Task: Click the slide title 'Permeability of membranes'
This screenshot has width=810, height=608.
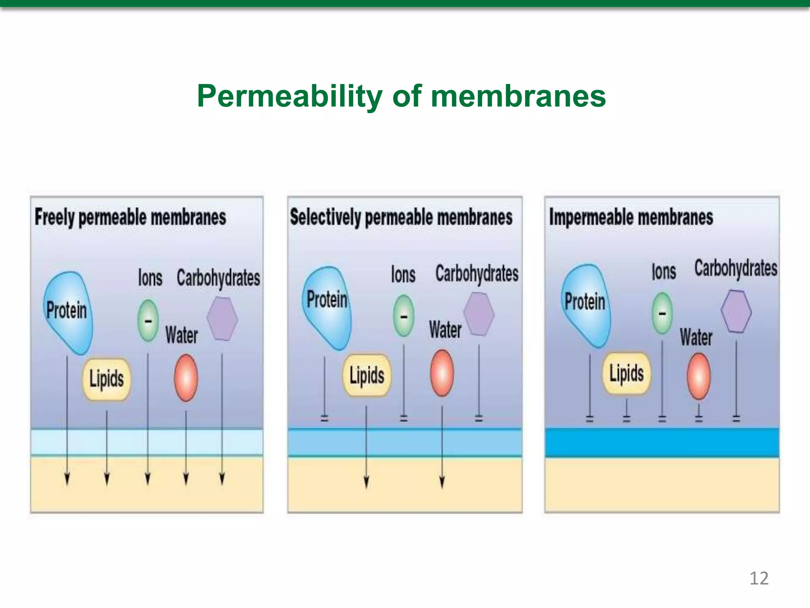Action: click(401, 96)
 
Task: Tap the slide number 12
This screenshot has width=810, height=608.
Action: click(759, 578)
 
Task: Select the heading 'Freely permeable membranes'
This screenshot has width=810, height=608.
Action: click(131, 217)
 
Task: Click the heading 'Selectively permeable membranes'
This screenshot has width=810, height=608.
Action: click(401, 217)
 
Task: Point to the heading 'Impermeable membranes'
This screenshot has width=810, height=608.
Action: click(631, 217)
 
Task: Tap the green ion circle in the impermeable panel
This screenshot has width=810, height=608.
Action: click(662, 313)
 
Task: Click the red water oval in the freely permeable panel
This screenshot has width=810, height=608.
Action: click(186, 378)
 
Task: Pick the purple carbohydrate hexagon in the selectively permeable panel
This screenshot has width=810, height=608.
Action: click(479, 314)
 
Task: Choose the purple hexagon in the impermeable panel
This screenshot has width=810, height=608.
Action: click(736, 311)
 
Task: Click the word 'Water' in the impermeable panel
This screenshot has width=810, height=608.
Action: click(696, 337)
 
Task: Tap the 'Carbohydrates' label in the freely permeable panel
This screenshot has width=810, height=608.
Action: click(218, 278)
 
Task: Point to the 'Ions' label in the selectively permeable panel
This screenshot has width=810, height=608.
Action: click(403, 274)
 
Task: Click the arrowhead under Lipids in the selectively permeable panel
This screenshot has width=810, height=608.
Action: click(366, 482)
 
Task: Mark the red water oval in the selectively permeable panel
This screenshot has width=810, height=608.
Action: click(442, 373)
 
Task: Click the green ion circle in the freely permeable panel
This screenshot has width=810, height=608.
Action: click(148, 321)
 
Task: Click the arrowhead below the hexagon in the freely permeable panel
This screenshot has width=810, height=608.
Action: click(222, 479)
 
